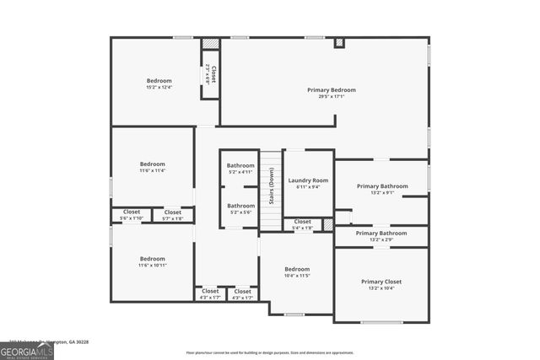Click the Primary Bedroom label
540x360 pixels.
(x=331, y=89)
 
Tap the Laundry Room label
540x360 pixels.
(x=308, y=180)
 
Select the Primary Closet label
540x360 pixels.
(x=381, y=282)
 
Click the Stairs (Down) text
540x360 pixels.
(x=271, y=186)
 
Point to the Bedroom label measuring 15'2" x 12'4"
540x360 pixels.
(x=159, y=81)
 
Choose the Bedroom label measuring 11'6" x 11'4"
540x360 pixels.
(x=153, y=164)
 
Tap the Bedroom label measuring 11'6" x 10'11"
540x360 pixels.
(x=153, y=258)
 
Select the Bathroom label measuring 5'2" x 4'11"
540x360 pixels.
(x=240, y=165)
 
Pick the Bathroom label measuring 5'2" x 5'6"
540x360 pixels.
(x=240, y=206)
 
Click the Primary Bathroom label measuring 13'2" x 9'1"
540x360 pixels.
(x=381, y=186)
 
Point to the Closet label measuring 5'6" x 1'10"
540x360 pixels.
(x=132, y=212)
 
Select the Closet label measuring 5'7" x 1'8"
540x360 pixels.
(x=173, y=212)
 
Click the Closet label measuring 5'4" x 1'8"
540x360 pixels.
(x=302, y=222)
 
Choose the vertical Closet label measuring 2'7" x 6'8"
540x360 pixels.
(x=214, y=73)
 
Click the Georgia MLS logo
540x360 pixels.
(x=26, y=351)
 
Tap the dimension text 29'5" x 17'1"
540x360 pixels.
(x=331, y=96)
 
